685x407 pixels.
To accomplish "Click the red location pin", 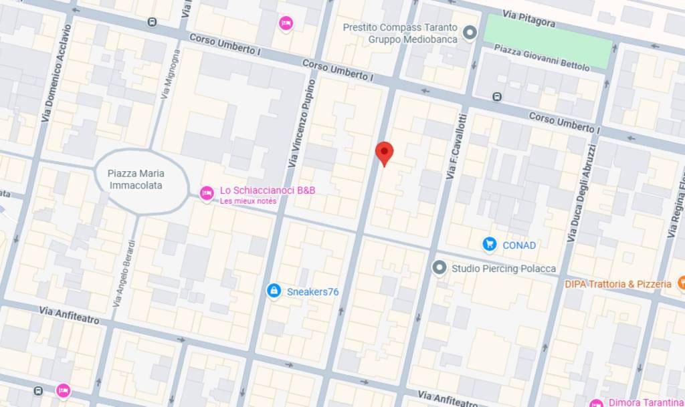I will tap(384, 152).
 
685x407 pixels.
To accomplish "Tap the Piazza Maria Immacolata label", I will tap(135, 179).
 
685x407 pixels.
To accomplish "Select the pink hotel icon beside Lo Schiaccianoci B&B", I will tap(207, 193).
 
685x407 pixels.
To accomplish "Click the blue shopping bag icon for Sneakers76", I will tap(273, 291).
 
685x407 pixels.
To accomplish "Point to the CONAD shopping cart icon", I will tap(490, 245).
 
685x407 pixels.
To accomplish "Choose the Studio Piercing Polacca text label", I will tap(503, 269).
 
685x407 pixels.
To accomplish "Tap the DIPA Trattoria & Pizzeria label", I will tap(617, 284).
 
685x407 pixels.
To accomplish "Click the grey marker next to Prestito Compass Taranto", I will tap(470, 33).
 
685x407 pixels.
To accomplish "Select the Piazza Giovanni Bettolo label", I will tap(542, 57).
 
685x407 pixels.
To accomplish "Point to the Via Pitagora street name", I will tap(530, 20).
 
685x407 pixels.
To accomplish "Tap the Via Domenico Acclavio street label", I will tap(56, 74).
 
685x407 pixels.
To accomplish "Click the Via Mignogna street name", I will tap(170, 74).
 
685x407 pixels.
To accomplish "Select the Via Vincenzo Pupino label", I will tap(302, 124).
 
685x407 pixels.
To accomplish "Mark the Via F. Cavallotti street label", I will tap(456, 146).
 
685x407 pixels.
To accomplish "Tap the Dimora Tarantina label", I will tap(646, 402).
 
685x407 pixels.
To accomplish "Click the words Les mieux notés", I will tap(248, 201).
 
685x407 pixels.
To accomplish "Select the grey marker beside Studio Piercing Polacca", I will tap(439, 268).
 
